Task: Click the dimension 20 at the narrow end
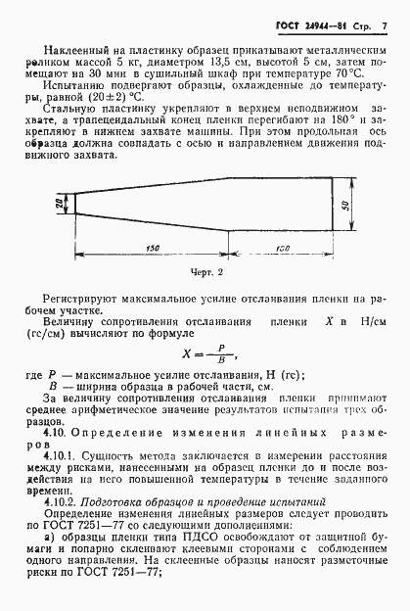pos(61,203)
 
